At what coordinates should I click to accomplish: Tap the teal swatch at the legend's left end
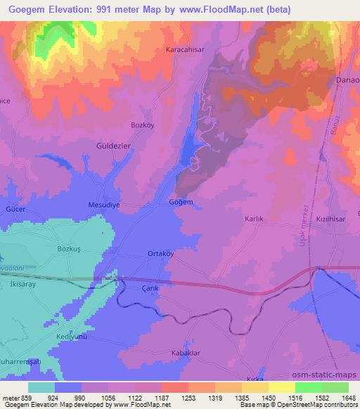point(41,387)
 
